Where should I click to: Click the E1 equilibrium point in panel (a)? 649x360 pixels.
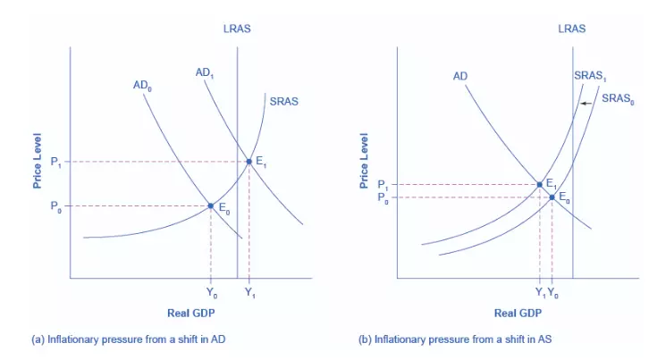[x=249, y=161]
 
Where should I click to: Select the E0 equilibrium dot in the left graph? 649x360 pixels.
[x=211, y=205]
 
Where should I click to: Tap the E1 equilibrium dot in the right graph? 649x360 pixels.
[x=539, y=184]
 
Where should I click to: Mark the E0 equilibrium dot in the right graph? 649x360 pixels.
[x=552, y=197]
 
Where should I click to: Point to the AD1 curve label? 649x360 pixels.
[x=205, y=71]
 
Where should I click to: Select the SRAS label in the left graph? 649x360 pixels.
[x=284, y=101]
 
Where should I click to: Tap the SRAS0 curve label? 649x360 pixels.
[x=618, y=97]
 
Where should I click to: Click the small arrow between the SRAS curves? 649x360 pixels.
[x=585, y=105]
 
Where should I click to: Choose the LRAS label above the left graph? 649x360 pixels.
[x=237, y=29]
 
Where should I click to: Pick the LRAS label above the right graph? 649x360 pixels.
[x=572, y=29]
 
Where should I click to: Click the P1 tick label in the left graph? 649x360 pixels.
[x=56, y=162]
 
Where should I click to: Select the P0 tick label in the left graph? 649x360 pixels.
[x=56, y=206]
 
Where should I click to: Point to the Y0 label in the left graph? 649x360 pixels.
[x=211, y=291]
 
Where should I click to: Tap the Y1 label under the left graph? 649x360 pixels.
[x=249, y=291]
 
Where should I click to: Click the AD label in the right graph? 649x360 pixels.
[x=460, y=76]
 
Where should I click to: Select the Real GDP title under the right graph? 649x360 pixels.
[x=518, y=313]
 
